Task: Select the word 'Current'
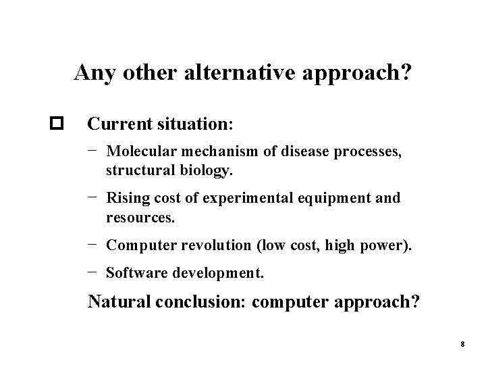(114, 125)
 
